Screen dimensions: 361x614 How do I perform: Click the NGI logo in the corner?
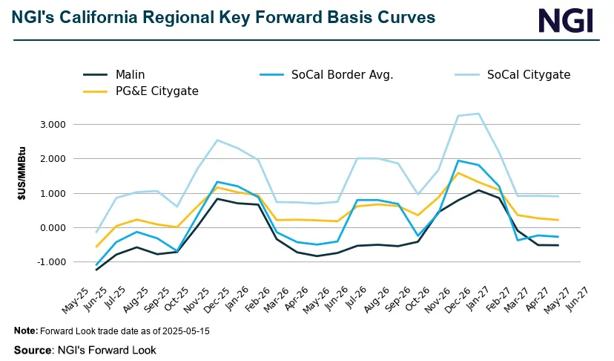pos(565,19)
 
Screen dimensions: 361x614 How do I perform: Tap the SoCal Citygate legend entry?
pos(528,74)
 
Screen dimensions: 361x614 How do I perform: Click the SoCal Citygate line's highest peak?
pos(499,114)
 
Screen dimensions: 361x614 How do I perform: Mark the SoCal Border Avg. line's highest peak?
pos(459,160)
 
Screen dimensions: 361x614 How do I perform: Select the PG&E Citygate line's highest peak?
pos(459,173)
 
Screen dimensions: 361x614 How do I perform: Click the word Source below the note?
pos(32,348)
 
